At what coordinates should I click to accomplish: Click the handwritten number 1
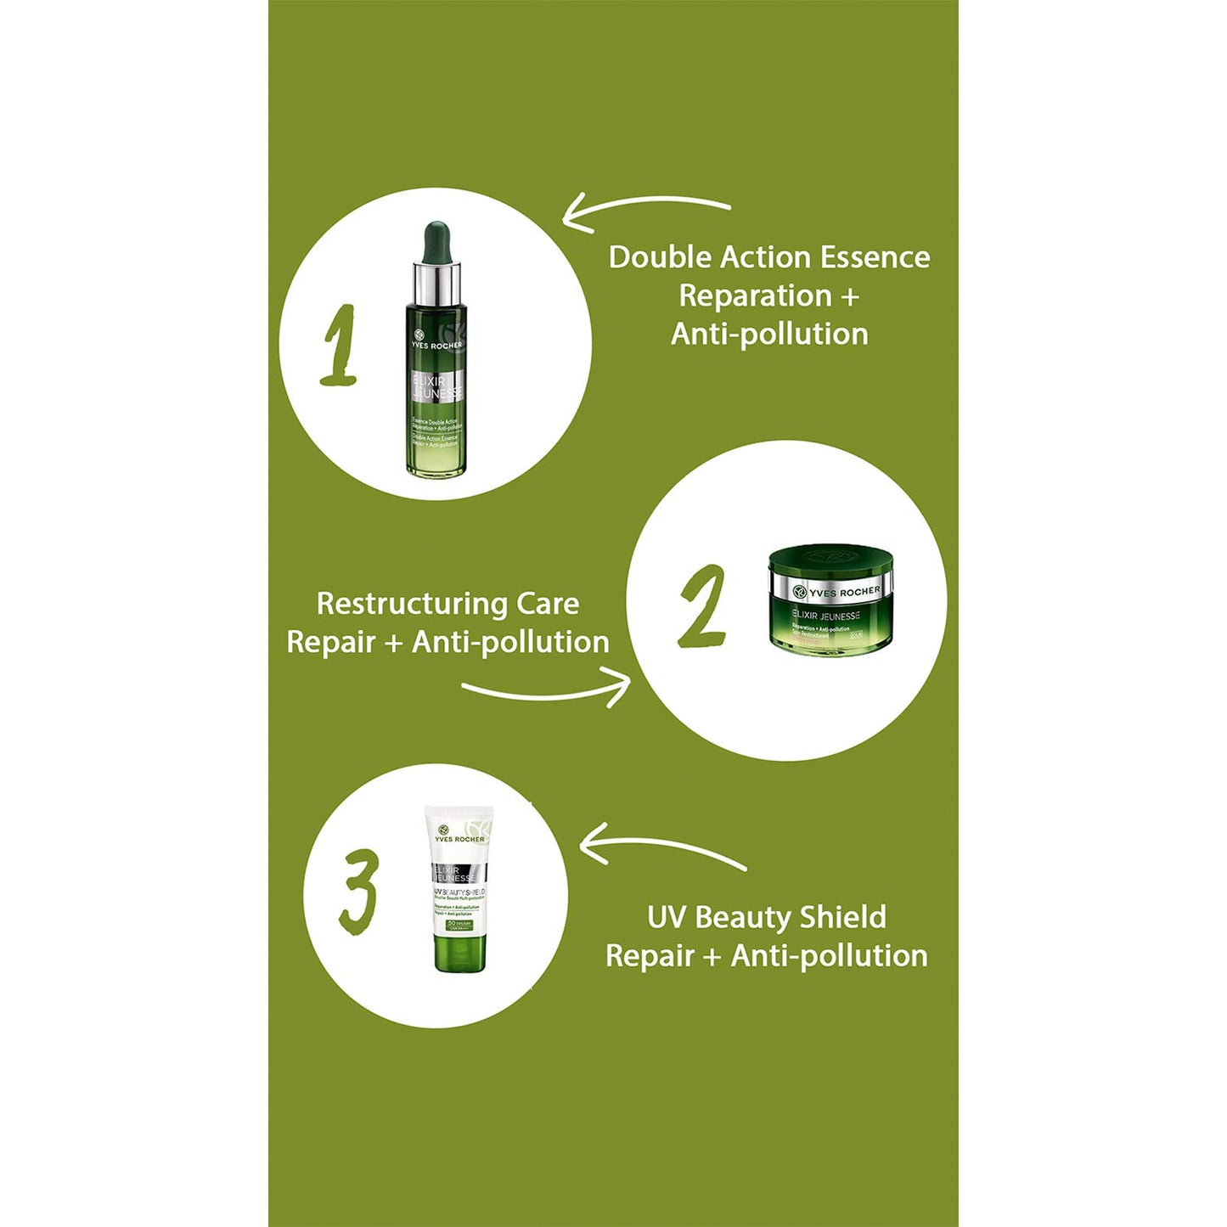pos(340,346)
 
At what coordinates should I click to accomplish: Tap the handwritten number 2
pos(702,606)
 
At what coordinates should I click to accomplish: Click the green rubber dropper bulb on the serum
pos(436,242)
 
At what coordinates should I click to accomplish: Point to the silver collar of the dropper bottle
pos(436,284)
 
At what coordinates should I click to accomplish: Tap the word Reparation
pos(755,295)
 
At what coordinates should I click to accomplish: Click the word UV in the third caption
pos(666,917)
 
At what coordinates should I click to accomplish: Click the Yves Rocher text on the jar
pos(844,592)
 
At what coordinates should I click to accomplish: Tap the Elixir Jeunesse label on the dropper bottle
pos(436,387)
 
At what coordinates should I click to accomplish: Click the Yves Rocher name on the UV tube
pos(459,839)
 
